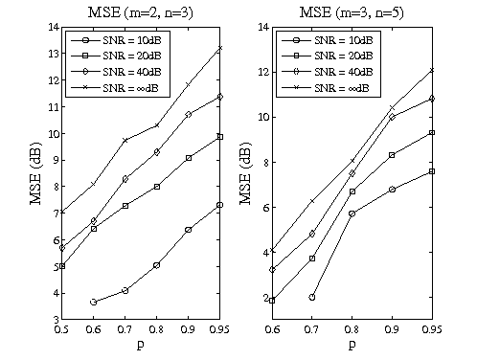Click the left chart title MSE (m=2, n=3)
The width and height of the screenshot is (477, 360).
(x=141, y=11)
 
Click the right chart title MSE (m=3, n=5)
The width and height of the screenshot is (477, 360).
(x=352, y=11)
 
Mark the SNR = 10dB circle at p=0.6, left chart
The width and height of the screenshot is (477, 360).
(x=94, y=302)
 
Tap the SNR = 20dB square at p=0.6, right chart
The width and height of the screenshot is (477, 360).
(x=273, y=301)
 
